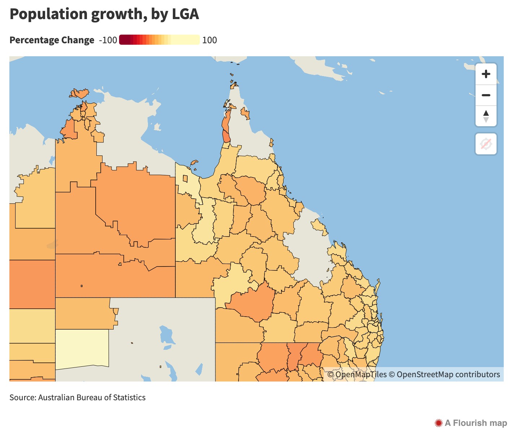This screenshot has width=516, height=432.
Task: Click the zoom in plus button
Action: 486,74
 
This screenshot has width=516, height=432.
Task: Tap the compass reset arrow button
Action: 486,116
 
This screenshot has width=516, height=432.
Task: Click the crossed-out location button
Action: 486,144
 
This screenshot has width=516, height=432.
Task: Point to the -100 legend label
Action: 108,40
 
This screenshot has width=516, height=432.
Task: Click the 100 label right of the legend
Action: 209,40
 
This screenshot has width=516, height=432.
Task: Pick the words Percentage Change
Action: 52,40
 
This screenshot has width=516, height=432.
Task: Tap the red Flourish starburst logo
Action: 438,423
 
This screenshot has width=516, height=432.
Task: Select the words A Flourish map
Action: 476,423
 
